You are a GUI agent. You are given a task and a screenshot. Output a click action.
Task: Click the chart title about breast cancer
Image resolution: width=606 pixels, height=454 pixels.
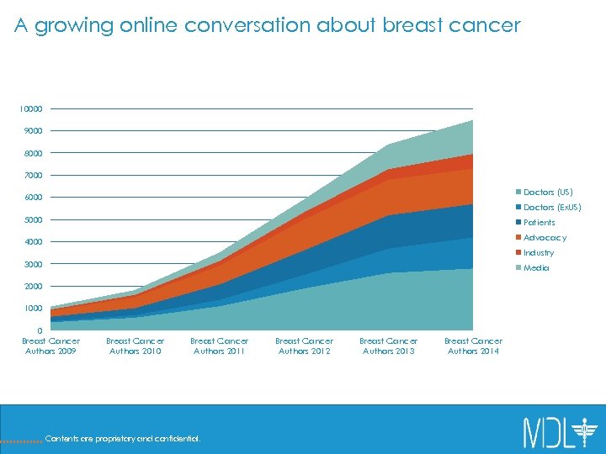tap(268, 26)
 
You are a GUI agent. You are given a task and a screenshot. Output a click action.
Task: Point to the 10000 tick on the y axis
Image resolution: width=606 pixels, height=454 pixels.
tap(32, 109)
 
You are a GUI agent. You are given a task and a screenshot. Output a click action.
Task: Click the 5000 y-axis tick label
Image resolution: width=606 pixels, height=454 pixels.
tap(32, 220)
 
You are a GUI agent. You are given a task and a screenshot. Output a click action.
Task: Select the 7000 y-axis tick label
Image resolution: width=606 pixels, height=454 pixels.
tap(32, 176)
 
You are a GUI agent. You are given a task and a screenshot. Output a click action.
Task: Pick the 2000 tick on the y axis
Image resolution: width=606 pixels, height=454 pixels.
tap(32, 287)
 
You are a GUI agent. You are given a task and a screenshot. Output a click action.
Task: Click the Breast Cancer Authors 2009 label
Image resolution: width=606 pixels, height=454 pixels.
tap(51, 346)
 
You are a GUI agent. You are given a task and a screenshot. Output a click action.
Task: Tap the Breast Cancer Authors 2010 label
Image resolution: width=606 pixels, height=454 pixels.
tap(136, 346)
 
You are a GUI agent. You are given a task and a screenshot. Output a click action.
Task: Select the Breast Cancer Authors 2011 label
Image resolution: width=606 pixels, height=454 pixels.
tap(220, 346)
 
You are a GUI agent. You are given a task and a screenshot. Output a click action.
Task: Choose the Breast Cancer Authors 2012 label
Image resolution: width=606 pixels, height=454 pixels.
tap(305, 346)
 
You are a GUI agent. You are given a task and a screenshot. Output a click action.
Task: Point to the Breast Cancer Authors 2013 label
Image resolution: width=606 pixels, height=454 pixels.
tap(389, 346)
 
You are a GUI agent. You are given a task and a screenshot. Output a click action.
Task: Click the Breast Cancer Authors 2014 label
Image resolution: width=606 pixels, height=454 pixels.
tap(473, 346)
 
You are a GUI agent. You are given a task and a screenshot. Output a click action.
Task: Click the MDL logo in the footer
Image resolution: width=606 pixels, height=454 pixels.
tap(559, 431)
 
